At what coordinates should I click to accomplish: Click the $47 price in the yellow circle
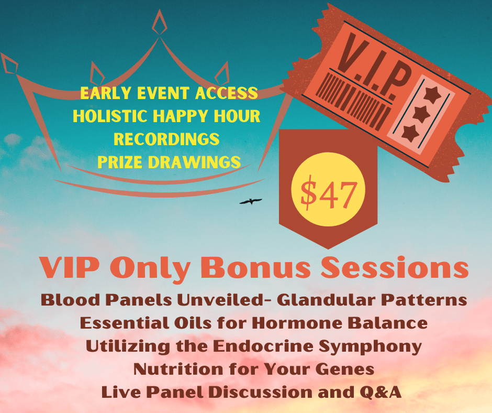[x=328, y=193]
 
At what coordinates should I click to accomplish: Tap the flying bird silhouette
[x=251, y=201]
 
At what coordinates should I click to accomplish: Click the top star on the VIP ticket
[x=432, y=95]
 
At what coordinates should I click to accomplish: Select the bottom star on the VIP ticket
[x=411, y=133]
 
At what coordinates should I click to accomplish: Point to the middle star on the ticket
[x=421, y=114]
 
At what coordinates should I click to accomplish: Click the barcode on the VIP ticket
[x=353, y=101]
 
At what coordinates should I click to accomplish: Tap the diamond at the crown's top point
[x=160, y=23]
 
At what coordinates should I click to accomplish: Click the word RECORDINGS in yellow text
[x=166, y=139]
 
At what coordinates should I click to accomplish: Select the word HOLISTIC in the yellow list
[x=110, y=116]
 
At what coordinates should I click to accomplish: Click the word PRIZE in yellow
[x=120, y=162]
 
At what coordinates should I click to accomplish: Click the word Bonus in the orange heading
[x=258, y=268]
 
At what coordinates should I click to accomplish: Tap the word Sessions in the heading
[x=395, y=268]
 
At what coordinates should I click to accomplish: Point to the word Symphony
[x=370, y=347]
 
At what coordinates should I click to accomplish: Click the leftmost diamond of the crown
[x=9, y=64]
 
